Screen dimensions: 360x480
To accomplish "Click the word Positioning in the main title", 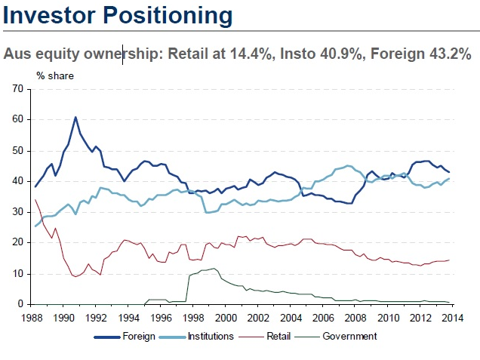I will point(159,15).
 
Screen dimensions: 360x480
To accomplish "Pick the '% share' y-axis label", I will point(55,75).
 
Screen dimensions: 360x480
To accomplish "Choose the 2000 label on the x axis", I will point(227,317).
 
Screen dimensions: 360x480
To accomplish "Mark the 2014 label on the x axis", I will point(451,317).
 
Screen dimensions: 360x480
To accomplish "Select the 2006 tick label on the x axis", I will point(323,317).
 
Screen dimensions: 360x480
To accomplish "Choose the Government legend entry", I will point(349,337).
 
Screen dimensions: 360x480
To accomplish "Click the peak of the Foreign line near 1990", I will point(75,117).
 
